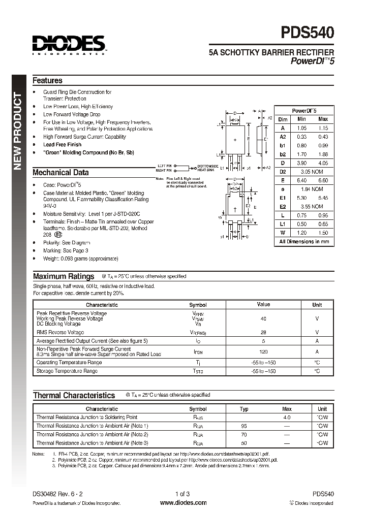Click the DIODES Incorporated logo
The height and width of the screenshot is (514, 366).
[69, 45]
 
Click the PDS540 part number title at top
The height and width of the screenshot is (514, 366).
[308, 33]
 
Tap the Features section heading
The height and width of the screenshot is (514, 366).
[47, 81]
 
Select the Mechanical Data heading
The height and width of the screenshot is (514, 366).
[60, 172]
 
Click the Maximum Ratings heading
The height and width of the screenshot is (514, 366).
[64, 276]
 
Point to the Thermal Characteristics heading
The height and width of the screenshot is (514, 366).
[74, 395]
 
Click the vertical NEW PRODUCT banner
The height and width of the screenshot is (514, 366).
[18, 132]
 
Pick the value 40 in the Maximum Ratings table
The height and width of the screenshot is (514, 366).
[263, 318]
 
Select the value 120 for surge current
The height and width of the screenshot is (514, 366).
[263, 351]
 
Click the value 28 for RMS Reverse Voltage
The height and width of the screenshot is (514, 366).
[263, 332]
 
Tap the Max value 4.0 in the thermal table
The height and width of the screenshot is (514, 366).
[287, 417]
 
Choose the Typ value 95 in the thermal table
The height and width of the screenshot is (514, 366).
[243, 426]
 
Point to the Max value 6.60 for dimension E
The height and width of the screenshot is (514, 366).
[323, 180]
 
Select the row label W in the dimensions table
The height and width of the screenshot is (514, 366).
[283, 232]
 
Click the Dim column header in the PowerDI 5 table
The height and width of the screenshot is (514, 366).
[283, 119]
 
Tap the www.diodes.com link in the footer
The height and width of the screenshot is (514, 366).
[183, 503]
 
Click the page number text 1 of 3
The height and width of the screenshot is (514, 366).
[182, 494]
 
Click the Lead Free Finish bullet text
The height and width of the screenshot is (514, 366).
[62, 145]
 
